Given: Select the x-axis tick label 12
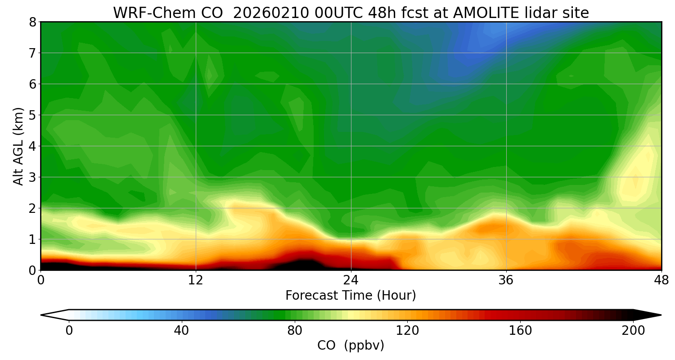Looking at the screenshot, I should click(196, 280).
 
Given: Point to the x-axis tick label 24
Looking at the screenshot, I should click(351, 280).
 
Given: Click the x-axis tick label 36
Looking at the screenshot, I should click(506, 280).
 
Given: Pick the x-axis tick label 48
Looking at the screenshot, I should click(661, 280).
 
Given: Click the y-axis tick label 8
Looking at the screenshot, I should click(32, 22).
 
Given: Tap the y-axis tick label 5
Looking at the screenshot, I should click(32, 115).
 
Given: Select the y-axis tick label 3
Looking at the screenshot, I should click(32, 177).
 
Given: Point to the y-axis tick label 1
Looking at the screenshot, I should click(32, 239).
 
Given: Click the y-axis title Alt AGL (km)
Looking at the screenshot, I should click(18, 146).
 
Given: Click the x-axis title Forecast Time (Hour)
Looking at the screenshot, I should click(351, 296).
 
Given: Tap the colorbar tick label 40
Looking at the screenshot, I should click(181, 331).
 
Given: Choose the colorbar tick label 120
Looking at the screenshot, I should click(407, 331).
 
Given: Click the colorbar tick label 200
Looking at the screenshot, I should click(633, 331).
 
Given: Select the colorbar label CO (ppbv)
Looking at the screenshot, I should click(351, 346).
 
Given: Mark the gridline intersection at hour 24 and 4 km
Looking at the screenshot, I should click(351, 146).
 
